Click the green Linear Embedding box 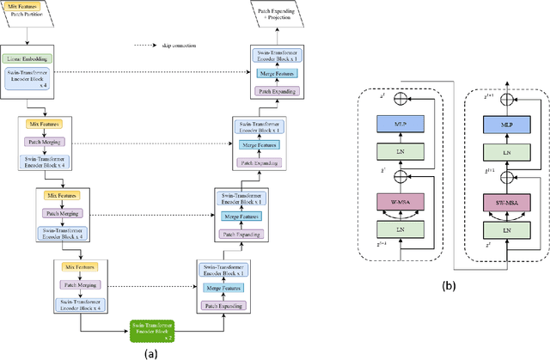coord(40,58)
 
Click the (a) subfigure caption coord(152,351)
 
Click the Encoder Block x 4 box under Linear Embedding coord(40,76)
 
